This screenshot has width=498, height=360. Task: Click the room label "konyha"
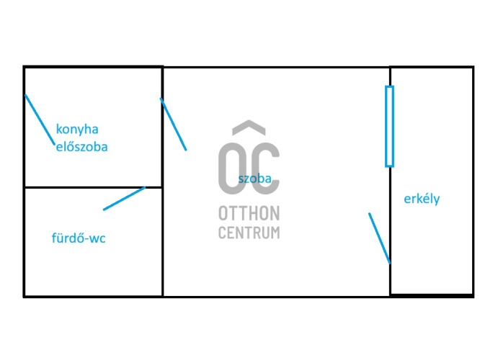tap(77, 130)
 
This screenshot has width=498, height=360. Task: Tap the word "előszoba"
tap(82, 147)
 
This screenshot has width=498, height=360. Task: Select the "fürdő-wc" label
tap(79, 238)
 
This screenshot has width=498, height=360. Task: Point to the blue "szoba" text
tap(255, 179)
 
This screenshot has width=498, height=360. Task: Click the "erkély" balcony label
tap(422, 199)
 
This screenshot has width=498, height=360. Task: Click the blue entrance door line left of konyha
tap(40, 120)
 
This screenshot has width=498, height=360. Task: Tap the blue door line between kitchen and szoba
tap(173, 124)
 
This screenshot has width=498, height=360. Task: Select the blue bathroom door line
tap(124, 198)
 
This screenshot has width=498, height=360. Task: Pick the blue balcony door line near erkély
tap(380, 238)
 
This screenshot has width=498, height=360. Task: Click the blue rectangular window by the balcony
tap(389, 126)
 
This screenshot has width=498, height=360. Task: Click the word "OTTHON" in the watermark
tap(249, 213)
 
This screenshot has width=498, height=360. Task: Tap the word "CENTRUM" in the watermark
tap(249, 233)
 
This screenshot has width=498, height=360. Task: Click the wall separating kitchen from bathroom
tap(94, 187)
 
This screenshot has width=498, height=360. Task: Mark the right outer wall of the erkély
tap(473, 181)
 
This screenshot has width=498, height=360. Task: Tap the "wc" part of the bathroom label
tap(97, 238)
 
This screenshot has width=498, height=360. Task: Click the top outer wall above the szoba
tap(276, 67)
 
